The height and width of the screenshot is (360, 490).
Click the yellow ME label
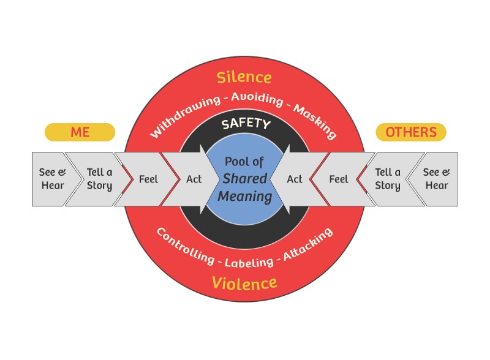[x=80, y=132]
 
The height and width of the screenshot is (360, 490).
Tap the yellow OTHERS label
[x=410, y=132]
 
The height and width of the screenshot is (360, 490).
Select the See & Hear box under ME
[x=53, y=179]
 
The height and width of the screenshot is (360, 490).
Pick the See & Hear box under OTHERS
[x=437, y=179]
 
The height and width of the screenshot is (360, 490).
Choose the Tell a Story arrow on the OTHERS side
[x=388, y=179]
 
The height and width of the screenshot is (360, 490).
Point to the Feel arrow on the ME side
[x=148, y=179]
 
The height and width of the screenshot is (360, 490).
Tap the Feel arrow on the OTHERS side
[x=339, y=179]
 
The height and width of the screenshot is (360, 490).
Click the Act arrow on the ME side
[x=194, y=179]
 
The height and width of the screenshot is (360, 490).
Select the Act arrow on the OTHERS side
[x=295, y=179]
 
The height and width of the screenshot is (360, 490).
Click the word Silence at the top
[x=244, y=77]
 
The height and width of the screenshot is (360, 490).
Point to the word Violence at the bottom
[x=244, y=283]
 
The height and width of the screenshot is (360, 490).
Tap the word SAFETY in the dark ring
[x=246, y=124]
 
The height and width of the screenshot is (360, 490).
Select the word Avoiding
[x=257, y=97]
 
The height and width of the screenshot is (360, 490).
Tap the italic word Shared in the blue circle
[x=244, y=179]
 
